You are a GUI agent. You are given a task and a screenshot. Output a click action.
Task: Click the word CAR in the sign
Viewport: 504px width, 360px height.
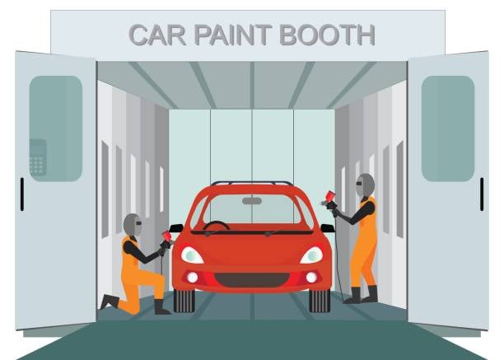point(157,35)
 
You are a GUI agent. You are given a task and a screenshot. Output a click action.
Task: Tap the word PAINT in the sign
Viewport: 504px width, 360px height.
point(233,35)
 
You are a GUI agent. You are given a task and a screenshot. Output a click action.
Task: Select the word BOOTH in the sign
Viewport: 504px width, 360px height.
point(328,35)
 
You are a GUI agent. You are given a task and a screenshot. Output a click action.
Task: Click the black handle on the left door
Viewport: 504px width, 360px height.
point(22,194)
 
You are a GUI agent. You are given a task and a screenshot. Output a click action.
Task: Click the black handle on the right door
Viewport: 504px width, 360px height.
point(482,194)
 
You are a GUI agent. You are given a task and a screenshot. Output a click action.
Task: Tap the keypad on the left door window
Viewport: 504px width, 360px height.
point(38,157)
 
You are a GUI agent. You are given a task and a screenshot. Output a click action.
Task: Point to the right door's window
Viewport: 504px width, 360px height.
point(448,129)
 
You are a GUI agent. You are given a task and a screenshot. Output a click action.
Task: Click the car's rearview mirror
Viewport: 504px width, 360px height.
point(252,201)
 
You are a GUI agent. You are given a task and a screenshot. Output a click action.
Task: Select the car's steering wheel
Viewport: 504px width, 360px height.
point(217,226)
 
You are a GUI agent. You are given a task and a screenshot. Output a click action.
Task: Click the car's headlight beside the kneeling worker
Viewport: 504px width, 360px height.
point(192,255)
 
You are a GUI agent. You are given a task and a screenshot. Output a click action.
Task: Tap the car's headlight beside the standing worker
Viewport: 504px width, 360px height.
point(311,255)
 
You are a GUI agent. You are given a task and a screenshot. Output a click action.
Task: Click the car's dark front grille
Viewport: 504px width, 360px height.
point(252,280)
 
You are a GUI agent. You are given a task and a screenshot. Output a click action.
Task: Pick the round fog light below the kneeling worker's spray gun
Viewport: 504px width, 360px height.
point(193,278)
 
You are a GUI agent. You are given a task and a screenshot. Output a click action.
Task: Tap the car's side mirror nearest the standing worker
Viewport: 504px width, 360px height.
point(328,228)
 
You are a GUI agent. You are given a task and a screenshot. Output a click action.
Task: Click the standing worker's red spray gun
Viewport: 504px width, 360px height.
point(329,200)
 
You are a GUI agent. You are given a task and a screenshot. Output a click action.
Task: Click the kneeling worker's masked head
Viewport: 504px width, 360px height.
point(133,225)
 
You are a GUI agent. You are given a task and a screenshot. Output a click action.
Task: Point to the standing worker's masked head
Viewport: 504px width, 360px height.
point(365,185)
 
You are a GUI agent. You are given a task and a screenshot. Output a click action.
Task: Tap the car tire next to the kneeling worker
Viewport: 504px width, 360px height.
point(184,301)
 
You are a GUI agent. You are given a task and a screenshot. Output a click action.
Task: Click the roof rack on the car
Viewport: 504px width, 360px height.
point(252,183)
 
